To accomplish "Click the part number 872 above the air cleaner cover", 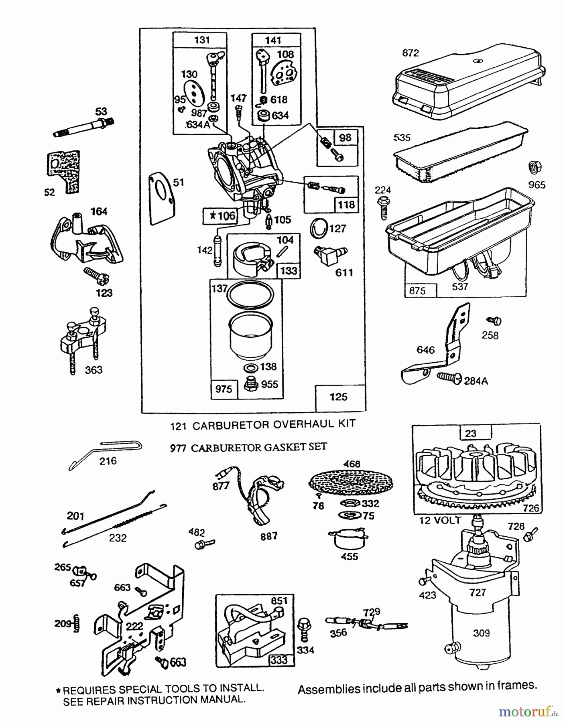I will tap(410, 53).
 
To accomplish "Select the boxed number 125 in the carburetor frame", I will tap(338, 397).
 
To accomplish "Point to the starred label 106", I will tap(220, 216).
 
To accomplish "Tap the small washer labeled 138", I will tap(251, 368).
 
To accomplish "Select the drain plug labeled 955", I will tap(250, 385).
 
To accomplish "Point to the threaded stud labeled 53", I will tap(84, 128).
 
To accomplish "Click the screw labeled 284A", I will tap(449, 378).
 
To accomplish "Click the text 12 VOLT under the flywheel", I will tap(440, 521).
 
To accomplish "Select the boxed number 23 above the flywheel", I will tap(470, 433).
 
